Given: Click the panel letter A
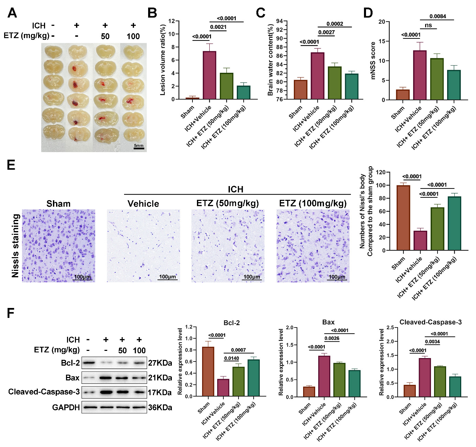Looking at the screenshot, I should pos(12,13).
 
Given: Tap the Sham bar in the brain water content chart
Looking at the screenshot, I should pos(300,90).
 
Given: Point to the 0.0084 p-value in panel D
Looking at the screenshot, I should pos(438,16).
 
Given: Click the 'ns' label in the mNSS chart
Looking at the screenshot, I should pos(428,25).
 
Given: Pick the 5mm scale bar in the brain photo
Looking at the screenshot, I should pos(139,148).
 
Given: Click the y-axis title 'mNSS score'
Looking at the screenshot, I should pos(373,60).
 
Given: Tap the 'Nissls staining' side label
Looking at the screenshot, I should pos(15,246).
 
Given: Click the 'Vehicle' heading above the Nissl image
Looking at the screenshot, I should pos(143,204).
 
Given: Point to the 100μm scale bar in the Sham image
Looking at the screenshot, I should pos(82,279).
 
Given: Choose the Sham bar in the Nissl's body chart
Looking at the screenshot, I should pos(403,218).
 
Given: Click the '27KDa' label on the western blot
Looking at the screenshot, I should pos(160,363).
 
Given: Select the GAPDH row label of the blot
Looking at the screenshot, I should pos(66,407).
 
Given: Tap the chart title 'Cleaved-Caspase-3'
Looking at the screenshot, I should pos(430,322).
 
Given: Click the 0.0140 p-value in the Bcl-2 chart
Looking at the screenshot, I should pos(231,358).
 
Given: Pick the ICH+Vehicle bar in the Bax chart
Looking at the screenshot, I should pos(324,376).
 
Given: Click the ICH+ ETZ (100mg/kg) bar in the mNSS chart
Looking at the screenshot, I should pos(454,85).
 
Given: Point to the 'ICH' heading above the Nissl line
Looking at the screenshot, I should pos(235,189).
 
